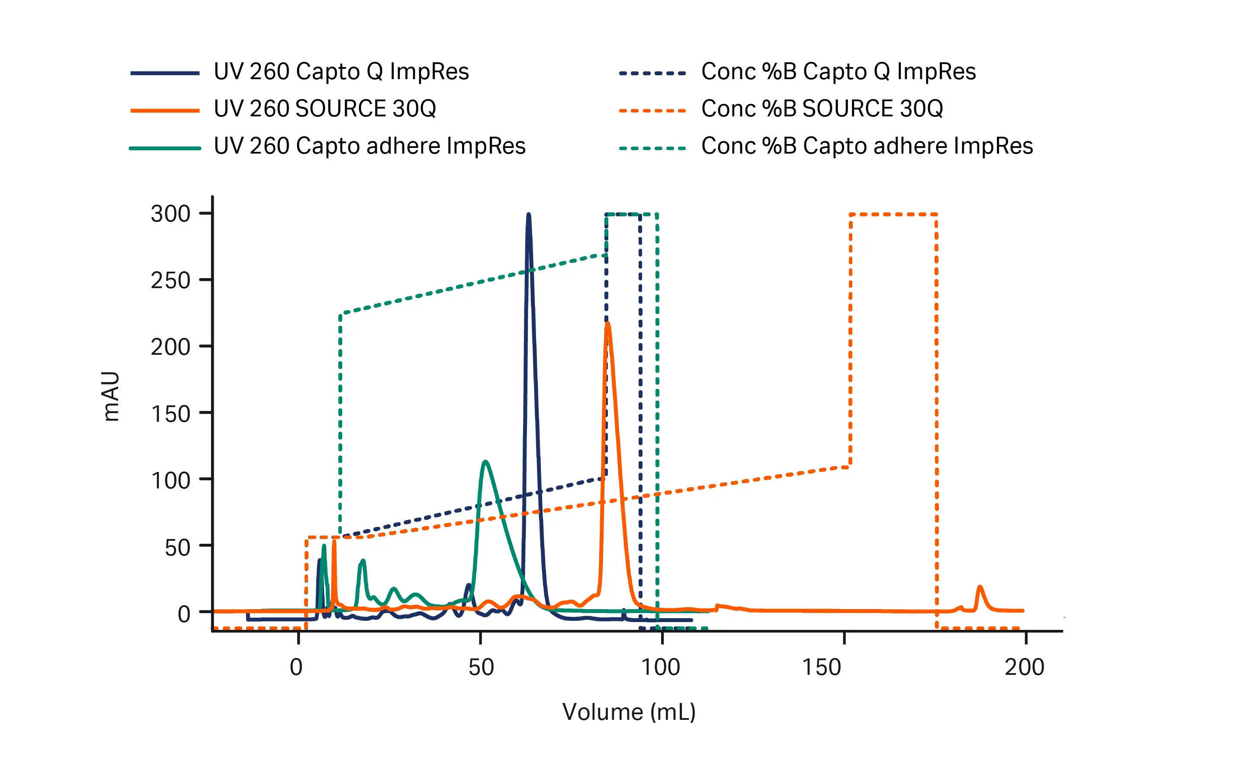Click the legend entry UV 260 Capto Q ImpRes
[x=341, y=71]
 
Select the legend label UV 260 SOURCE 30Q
[x=325, y=109]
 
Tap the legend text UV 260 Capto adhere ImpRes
[x=369, y=146]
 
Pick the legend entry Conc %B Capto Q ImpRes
[x=838, y=71]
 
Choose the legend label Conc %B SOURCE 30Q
[x=822, y=109]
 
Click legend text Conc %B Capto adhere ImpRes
[x=867, y=146]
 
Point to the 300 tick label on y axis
[x=170, y=214]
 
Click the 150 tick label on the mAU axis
[x=170, y=414]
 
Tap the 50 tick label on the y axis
[x=177, y=547]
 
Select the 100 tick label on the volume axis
[x=660, y=667]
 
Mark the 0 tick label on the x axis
[x=296, y=667]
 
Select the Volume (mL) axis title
[x=629, y=712]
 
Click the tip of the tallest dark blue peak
[x=528, y=215]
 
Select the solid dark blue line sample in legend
[x=164, y=73]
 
